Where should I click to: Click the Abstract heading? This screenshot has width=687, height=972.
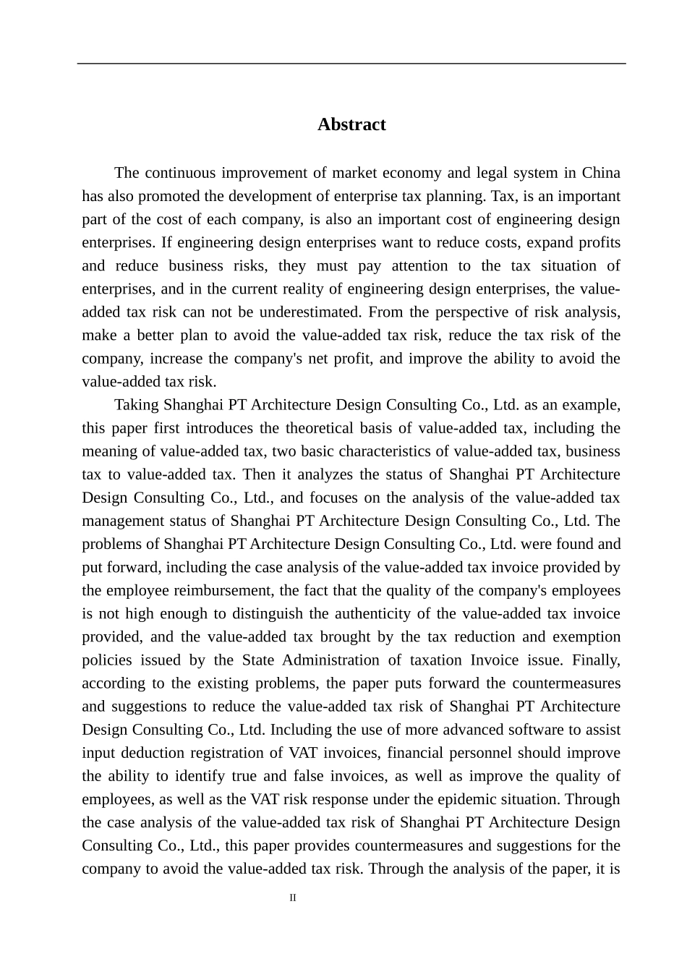pos(351,124)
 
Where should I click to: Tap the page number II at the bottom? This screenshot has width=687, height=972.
pos(293,898)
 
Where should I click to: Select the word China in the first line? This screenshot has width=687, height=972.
pos(601,173)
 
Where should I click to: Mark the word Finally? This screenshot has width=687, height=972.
pos(596,660)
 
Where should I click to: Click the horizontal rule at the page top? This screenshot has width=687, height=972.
pos(351,64)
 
